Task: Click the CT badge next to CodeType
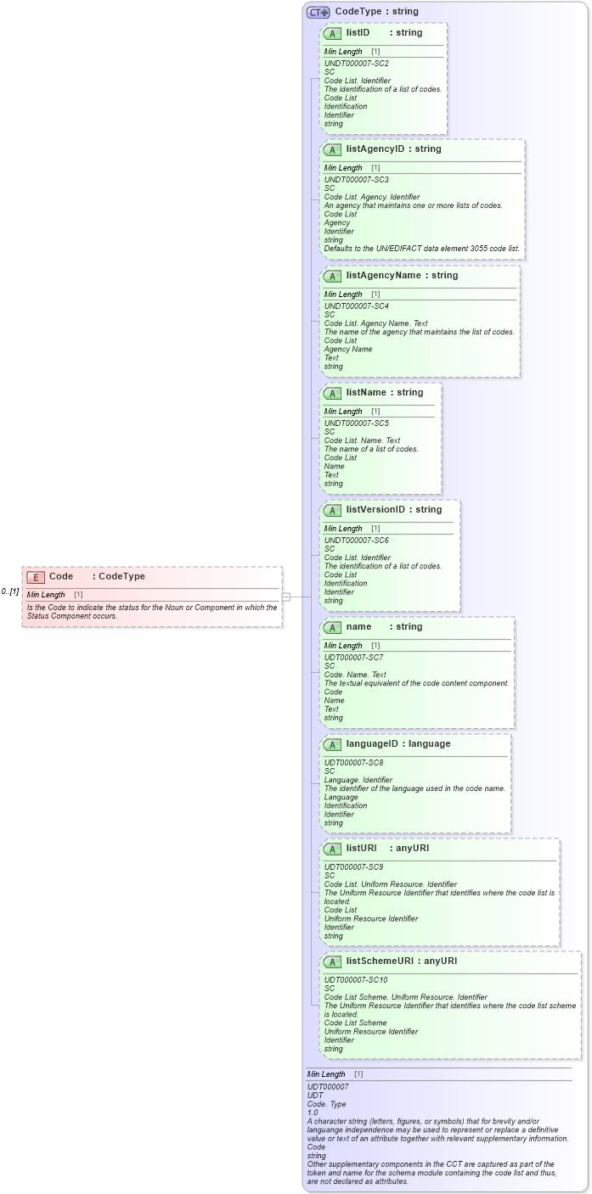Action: (x=319, y=12)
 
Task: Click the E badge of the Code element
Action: (x=36, y=577)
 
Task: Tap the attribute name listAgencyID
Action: (x=376, y=149)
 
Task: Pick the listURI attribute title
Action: (x=361, y=849)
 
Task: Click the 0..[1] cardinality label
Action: (x=10, y=591)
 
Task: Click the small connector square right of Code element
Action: (x=286, y=597)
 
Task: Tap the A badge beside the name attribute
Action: (x=333, y=627)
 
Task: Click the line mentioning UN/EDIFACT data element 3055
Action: (x=421, y=249)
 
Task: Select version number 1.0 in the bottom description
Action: (x=313, y=1113)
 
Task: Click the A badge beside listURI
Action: (x=333, y=849)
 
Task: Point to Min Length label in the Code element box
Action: (x=46, y=595)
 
